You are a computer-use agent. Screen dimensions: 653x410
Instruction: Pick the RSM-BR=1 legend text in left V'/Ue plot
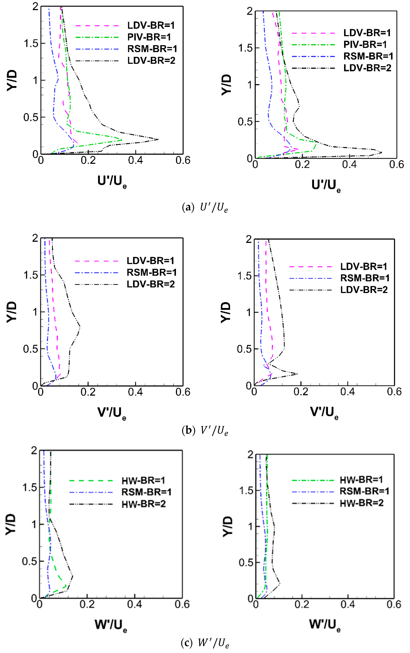[152, 272]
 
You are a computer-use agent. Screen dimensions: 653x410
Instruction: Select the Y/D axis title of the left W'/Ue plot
[11, 525]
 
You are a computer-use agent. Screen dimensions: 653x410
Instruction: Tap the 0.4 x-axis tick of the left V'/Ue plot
[135, 392]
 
